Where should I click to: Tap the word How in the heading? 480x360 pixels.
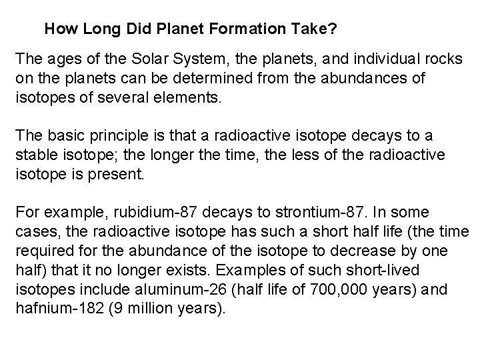pyautogui.click(x=59, y=30)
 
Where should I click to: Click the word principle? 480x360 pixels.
pyautogui.click(x=127, y=136)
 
